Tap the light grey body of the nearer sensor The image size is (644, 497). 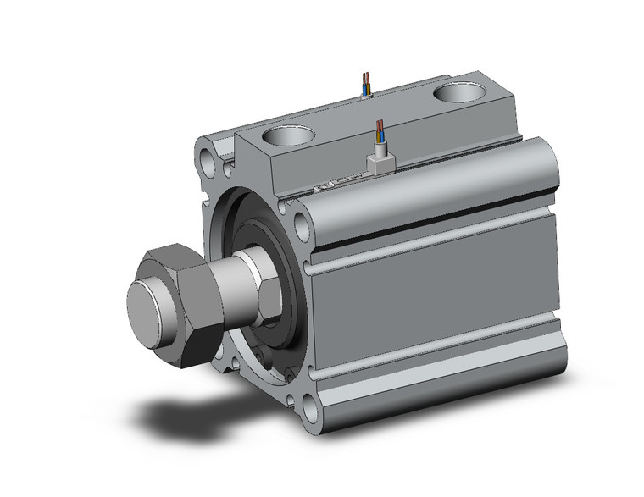(380, 162)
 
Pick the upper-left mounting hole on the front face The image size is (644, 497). (206, 157)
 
